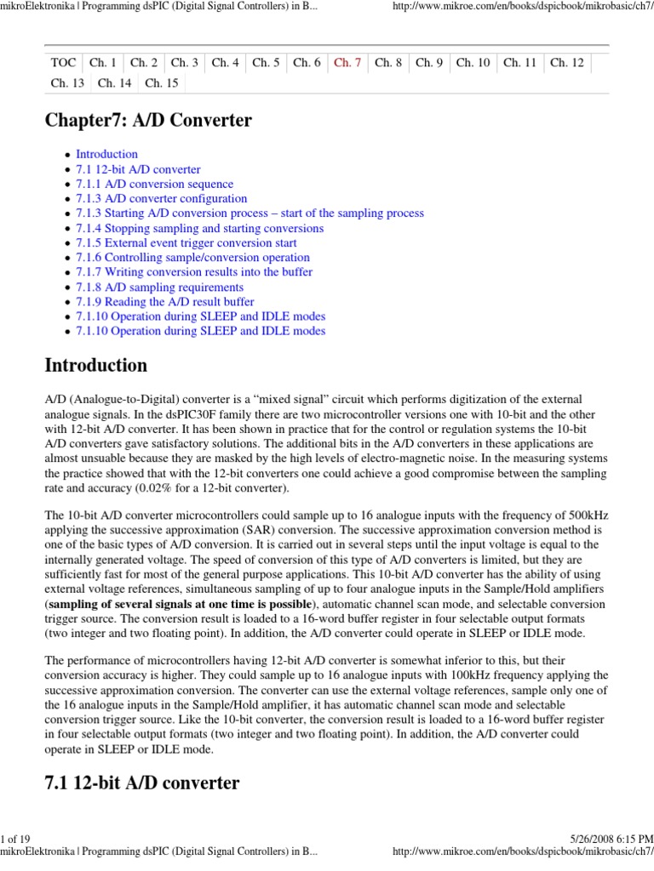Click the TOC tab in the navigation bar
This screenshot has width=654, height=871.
[x=64, y=62]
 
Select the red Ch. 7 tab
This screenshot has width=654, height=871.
[x=347, y=62]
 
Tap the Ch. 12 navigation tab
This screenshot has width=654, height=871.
[x=567, y=62]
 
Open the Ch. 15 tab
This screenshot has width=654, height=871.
[x=162, y=83]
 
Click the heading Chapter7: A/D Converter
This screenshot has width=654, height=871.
[x=148, y=121]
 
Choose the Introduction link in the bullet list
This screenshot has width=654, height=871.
[x=106, y=154]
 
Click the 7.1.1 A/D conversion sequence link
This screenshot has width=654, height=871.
[x=154, y=184]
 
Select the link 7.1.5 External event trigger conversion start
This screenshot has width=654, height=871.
[x=186, y=242]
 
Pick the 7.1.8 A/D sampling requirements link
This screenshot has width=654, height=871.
[x=159, y=287]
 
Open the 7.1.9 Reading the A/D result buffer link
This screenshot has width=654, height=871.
[x=164, y=302]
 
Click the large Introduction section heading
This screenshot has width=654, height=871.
[x=95, y=366]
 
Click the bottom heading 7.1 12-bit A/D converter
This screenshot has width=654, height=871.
[x=141, y=783]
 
